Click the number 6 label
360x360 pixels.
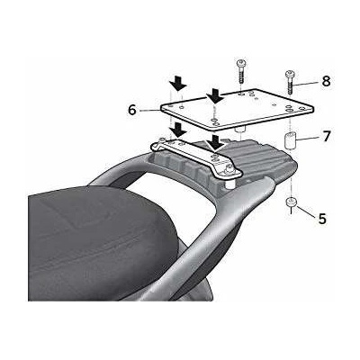coord(132,110)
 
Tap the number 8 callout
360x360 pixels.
coord(326,81)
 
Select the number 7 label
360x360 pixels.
coord(327,136)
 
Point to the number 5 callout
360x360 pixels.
coord(322,219)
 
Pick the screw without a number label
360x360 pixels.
coord(240,71)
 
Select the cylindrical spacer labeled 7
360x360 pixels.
coord(291,141)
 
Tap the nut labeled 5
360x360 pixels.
coord(291,202)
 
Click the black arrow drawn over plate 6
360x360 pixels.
coord(215,95)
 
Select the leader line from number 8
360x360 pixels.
coord(306,83)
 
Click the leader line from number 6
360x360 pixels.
coord(148,111)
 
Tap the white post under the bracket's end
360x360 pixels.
coord(229,183)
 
